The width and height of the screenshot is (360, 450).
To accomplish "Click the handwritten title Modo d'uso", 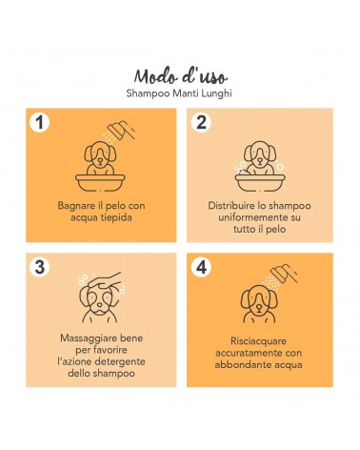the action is (181, 76).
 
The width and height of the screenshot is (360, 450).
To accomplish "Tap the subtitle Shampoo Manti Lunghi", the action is (179, 93).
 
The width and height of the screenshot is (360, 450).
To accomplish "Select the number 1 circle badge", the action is (40, 122).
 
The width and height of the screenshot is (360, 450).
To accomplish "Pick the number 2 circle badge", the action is (201, 122).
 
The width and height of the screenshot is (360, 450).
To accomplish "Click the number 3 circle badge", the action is (40, 267).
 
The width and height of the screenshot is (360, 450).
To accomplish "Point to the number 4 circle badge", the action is (201, 267).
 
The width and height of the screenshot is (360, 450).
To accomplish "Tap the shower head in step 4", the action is (284, 274).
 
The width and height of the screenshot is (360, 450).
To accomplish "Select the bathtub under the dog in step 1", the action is (100, 182).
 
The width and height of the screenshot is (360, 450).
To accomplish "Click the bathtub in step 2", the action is (260, 182).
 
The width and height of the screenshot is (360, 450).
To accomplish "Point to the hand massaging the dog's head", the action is (107, 280).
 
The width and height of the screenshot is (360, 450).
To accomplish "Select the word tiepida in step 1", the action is (116, 218).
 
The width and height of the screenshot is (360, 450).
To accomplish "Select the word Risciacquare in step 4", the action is (258, 341).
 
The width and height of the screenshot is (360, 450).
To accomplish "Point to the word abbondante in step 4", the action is (239, 365).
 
